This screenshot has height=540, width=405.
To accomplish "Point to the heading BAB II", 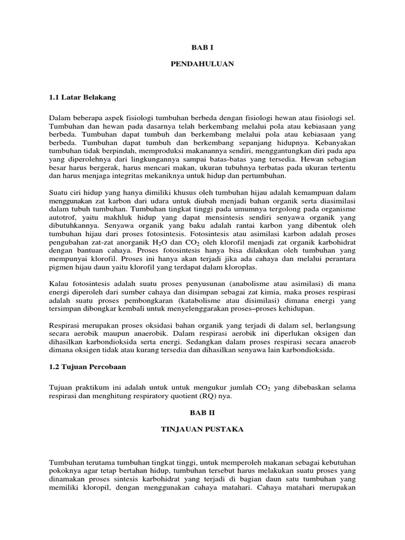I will tap(202, 412).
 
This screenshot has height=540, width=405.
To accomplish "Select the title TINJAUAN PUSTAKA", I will tap(202, 430).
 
